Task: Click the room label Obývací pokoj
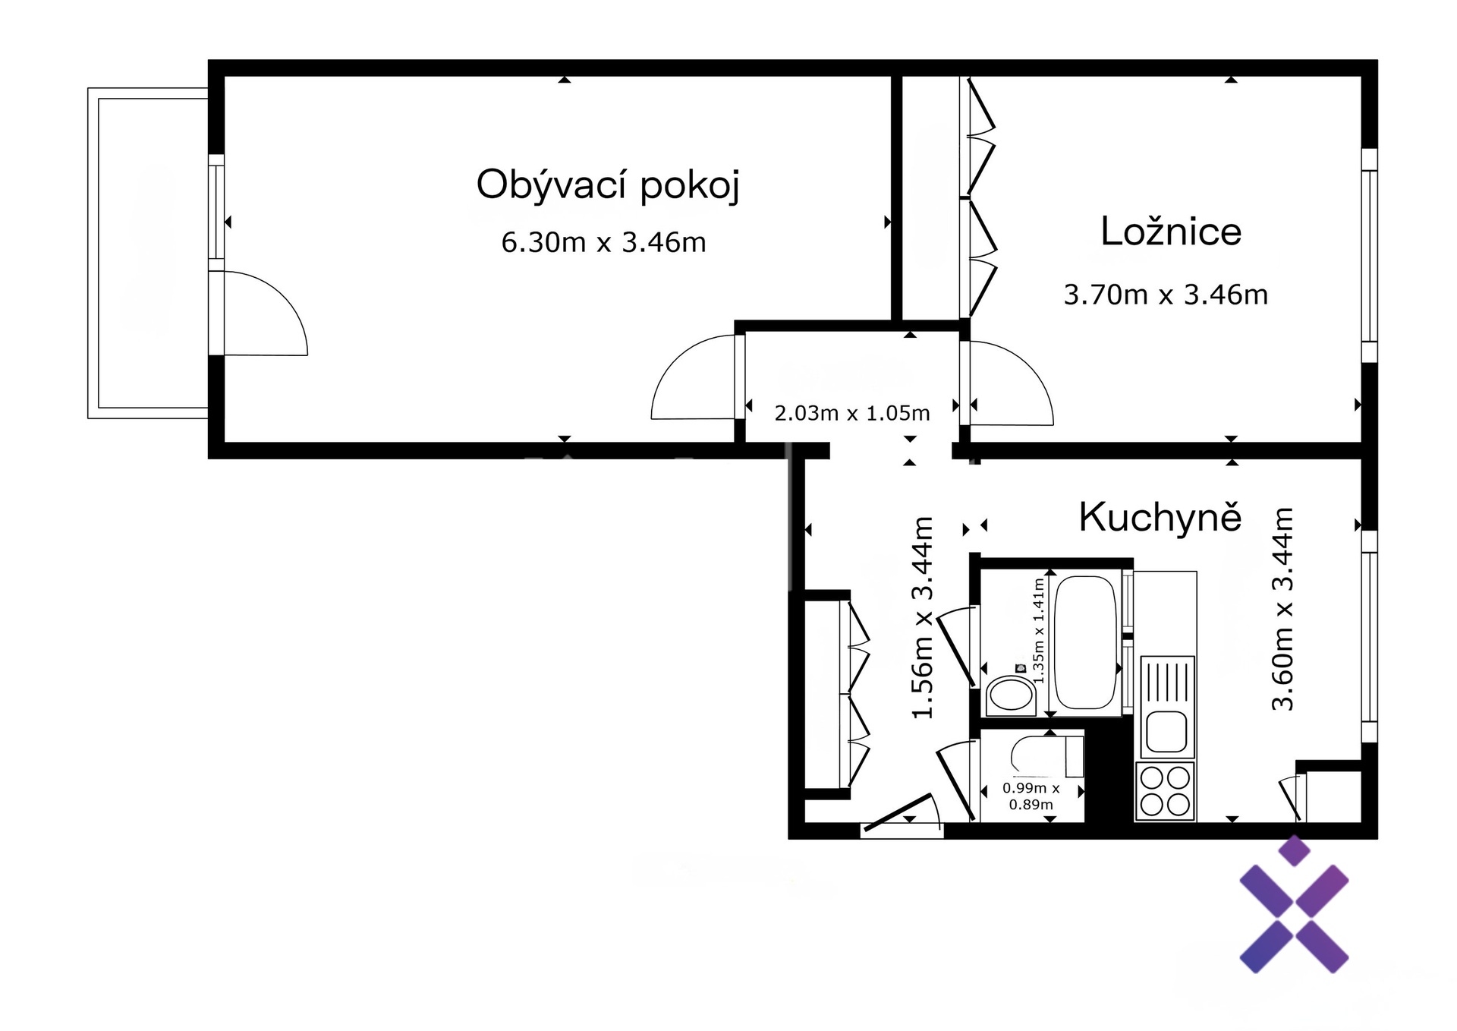pos(608,185)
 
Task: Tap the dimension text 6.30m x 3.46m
pos(604,243)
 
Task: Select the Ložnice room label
pos(1171,232)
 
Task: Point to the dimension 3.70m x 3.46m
pos(1166,295)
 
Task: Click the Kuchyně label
pos(1160,517)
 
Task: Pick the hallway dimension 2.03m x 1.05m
pos(852,413)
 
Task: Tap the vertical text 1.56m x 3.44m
pos(922,617)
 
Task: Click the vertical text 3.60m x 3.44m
pos(1282,608)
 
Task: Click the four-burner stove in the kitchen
pos(1165,791)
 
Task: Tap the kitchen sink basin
pos(1166,731)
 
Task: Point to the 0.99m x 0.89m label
pos(1031,796)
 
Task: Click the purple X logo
pos(1294,904)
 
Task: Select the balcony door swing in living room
pos(266,313)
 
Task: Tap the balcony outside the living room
pos(148,253)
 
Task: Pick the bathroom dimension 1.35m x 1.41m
pos(1039,630)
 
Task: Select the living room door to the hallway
pos(694,377)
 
